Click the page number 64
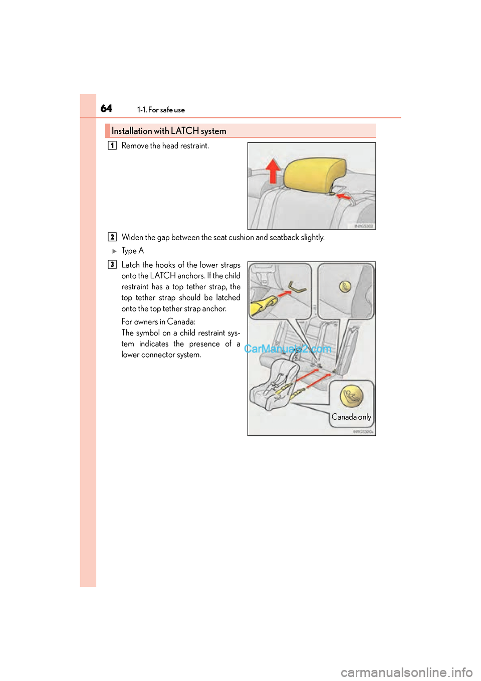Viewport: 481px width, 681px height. click(x=106, y=108)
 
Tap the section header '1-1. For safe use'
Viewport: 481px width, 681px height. click(x=161, y=110)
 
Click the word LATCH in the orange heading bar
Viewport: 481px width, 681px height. click(x=184, y=131)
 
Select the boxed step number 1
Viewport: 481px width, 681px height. click(x=112, y=145)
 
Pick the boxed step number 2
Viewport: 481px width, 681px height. click(x=112, y=237)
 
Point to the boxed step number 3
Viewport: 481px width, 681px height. click(x=112, y=264)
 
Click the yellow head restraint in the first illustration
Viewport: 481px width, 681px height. click(x=315, y=174)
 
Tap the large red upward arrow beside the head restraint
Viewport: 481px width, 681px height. click(x=273, y=171)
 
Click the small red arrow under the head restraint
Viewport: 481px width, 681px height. click(x=344, y=197)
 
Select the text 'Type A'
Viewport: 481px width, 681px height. click(x=132, y=251)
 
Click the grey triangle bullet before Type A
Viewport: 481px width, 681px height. click(x=114, y=251)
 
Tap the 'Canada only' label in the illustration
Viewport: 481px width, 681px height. click(x=351, y=417)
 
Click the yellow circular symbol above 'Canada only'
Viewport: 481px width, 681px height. click(x=351, y=396)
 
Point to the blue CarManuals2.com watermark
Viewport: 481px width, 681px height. click(x=288, y=349)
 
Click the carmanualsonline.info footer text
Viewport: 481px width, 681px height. click(x=406, y=672)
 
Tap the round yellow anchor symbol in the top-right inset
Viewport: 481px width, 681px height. click(x=345, y=286)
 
